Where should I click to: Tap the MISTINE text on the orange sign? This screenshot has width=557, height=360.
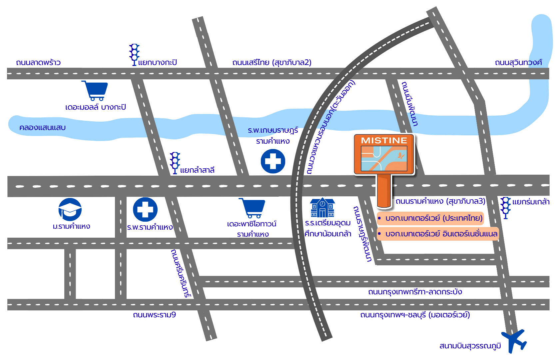pyautogui.click(x=384, y=141)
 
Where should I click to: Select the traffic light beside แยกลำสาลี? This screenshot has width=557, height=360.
pyautogui.click(x=175, y=163)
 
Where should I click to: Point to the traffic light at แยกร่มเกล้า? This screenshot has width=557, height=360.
pyautogui.click(x=506, y=207)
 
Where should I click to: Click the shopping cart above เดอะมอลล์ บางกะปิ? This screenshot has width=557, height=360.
pyautogui.click(x=95, y=90)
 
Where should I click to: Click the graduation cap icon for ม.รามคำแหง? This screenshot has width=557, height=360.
pyautogui.click(x=70, y=210)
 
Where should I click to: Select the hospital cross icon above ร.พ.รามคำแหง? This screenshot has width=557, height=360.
pyautogui.click(x=145, y=210)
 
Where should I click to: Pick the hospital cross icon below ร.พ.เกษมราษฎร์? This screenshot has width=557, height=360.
pyautogui.click(x=273, y=161)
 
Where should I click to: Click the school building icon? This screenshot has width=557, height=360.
pyautogui.click(x=322, y=208)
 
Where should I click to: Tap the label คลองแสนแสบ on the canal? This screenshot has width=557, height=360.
pyautogui.click(x=42, y=128)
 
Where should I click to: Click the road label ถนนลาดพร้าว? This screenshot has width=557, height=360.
pyautogui.click(x=38, y=63)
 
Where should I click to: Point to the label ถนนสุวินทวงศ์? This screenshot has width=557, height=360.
pyautogui.click(x=518, y=63)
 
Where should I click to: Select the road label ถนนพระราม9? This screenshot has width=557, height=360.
pyautogui.click(x=154, y=315)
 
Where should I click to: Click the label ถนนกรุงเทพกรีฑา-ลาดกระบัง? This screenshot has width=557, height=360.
pyautogui.click(x=415, y=292)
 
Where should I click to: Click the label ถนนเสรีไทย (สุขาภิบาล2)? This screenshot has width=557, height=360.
pyautogui.click(x=272, y=63)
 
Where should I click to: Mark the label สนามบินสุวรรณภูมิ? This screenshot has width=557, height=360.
pyautogui.click(x=470, y=346)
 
